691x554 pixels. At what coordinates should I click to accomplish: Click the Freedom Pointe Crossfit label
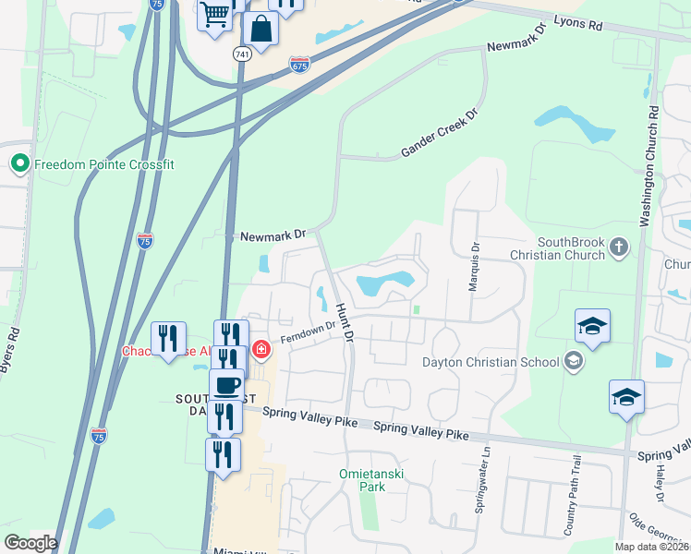click(x=104, y=164)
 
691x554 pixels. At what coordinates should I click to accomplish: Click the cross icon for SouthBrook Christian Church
click(x=618, y=247)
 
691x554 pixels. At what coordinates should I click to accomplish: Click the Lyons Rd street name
click(x=577, y=25)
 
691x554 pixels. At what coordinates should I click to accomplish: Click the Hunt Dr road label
click(x=345, y=323)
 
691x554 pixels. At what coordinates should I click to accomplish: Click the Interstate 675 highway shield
click(x=299, y=65)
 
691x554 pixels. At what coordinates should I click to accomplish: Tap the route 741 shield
click(x=242, y=54)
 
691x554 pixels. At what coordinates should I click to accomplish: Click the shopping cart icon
click(x=215, y=15)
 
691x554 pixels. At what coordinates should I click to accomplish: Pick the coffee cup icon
click(x=225, y=384)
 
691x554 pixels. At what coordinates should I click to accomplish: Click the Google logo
click(x=30, y=543)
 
